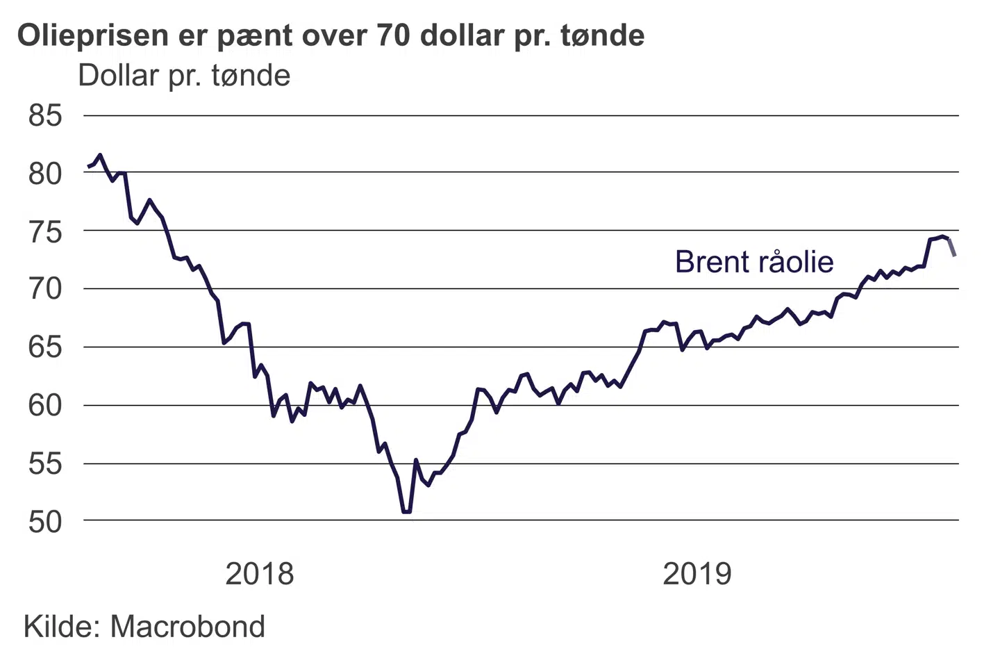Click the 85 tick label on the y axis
tap(45, 116)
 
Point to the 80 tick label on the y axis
tap(45, 173)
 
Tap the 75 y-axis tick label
tap(45, 231)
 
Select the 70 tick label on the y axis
tap(45, 289)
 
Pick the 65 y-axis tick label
tap(45, 347)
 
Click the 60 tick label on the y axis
tap(45, 405)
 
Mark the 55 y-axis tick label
tap(45, 463)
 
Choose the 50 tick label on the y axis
tap(45, 522)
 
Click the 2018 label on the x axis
tap(260, 575)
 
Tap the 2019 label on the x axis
tap(697, 575)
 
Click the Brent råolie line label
tap(754, 262)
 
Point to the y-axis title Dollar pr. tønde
tap(184, 76)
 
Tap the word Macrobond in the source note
tap(187, 627)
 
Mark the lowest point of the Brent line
tap(406, 512)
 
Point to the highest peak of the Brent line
tap(100, 155)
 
